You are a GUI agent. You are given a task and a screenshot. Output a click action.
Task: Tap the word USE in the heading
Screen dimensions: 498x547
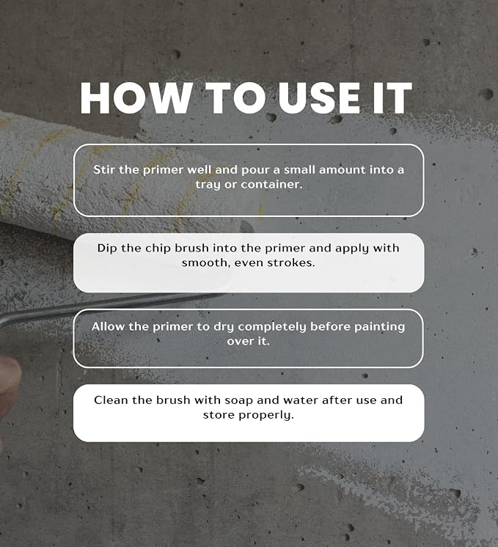(319, 98)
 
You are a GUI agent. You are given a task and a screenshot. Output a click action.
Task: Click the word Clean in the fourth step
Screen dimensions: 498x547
(111, 400)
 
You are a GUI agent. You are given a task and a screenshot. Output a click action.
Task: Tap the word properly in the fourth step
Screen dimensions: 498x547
(266, 415)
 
